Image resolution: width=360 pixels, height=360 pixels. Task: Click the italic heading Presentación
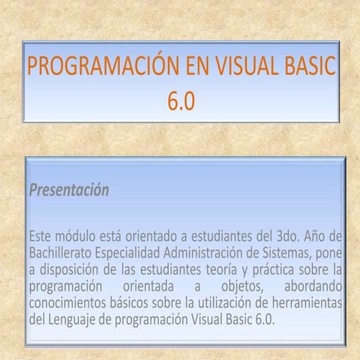pos(69,190)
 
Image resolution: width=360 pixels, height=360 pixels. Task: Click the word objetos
pos(240,286)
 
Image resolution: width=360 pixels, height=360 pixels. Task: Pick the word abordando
pos(313,286)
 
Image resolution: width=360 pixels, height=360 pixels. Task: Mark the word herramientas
pos(307,304)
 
